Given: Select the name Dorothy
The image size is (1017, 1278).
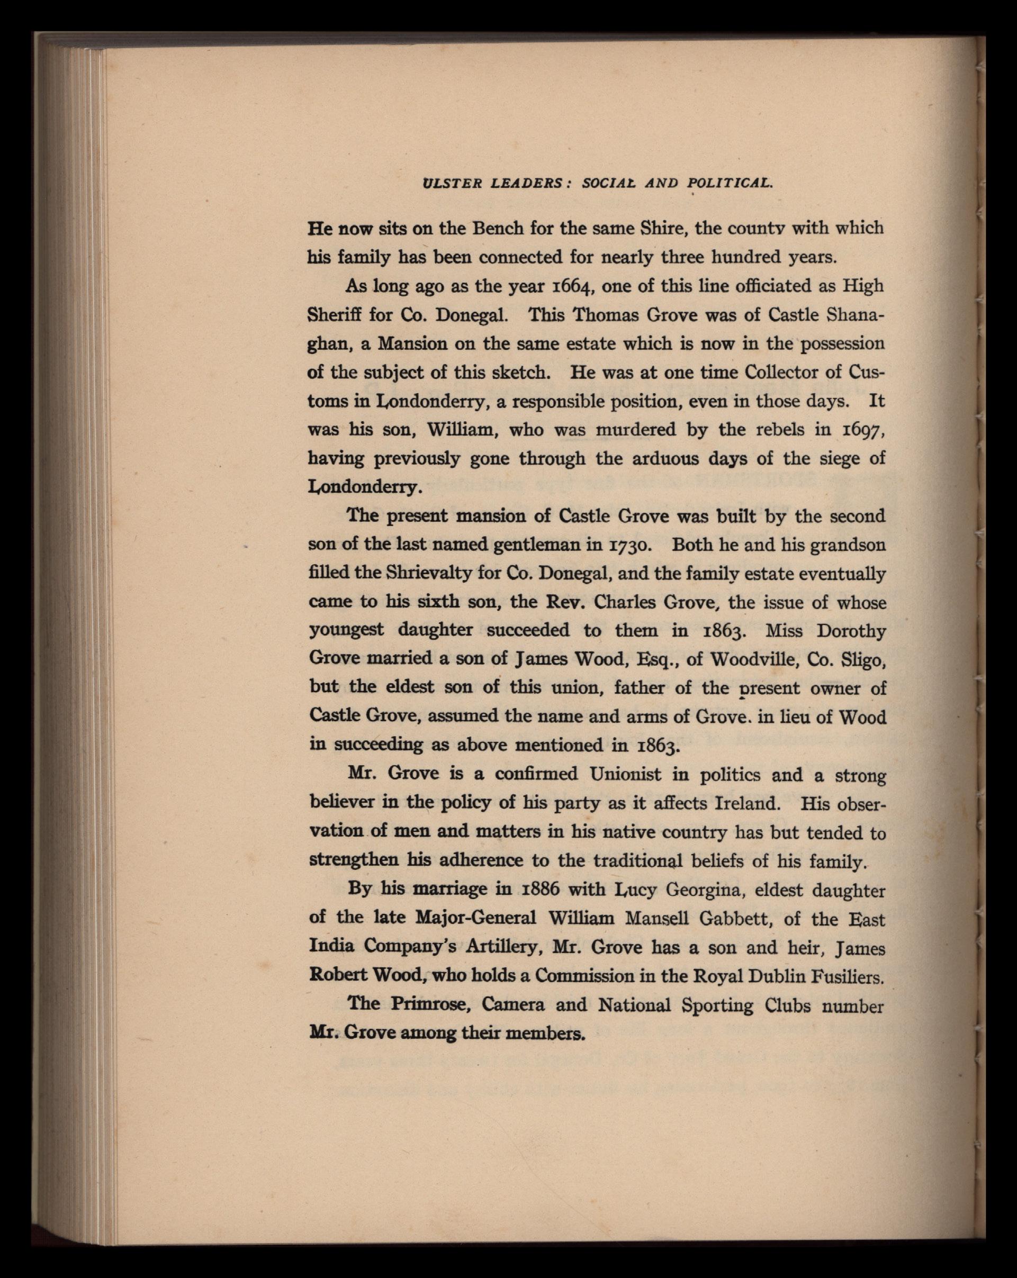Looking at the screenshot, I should (851, 631).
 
